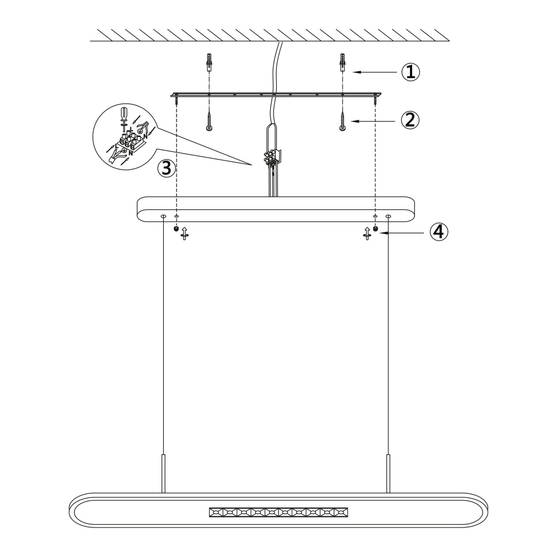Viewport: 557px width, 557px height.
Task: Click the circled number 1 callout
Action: click(x=411, y=72)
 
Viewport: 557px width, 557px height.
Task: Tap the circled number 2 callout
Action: click(x=411, y=120)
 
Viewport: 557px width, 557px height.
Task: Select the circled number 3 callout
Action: click(x=167, y=168)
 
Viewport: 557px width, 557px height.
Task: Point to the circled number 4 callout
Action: click(x=439, y=232)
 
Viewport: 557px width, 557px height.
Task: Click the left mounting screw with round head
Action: click(x=209, y=121)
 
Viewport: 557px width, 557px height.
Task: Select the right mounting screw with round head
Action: click(x=343, y=121)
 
